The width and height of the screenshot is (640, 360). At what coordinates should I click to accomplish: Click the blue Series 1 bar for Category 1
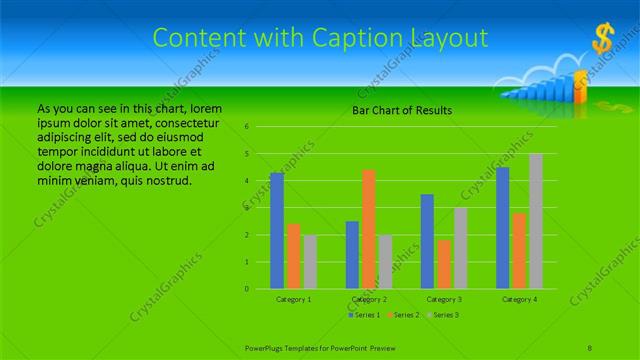tap(277, 231)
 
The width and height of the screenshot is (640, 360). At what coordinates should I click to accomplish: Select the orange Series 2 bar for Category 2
tap(369, 229)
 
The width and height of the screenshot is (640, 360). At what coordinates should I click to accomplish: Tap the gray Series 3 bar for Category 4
tap(535, 221)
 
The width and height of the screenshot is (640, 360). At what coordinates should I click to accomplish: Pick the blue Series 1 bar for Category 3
tap(427, 241)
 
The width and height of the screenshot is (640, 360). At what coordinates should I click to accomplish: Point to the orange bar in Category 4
tap(519, 250)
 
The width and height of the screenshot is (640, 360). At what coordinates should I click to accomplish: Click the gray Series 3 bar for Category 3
tap(460, 248)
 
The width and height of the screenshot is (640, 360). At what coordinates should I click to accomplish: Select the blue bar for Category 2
tap(352, 255)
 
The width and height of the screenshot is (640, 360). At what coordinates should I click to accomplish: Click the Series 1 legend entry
tap(365, 315)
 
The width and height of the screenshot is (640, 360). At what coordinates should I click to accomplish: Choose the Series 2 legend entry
tap(404, 315)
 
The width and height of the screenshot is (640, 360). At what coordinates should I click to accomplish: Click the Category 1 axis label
tap(294, 299)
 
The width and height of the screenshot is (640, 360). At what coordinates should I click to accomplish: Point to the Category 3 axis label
tap(444, 299)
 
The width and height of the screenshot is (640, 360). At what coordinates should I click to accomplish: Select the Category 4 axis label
tap(519, 299)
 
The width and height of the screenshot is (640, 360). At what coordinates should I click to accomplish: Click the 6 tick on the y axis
tap(247, 127)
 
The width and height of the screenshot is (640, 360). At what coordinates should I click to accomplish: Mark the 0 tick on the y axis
tap(247, 289)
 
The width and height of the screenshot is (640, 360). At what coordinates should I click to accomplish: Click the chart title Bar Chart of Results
tap(403, 110)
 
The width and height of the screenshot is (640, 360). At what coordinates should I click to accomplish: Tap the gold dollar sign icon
tap(602, 39)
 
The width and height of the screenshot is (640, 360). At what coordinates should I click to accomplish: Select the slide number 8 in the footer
tap(590, 347)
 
